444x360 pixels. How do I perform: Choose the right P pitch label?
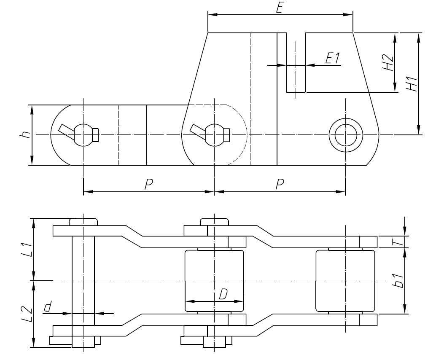pos(280,184)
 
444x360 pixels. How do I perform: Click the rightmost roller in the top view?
pos(345,280)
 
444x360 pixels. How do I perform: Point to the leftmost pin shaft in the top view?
pos(83,280)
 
